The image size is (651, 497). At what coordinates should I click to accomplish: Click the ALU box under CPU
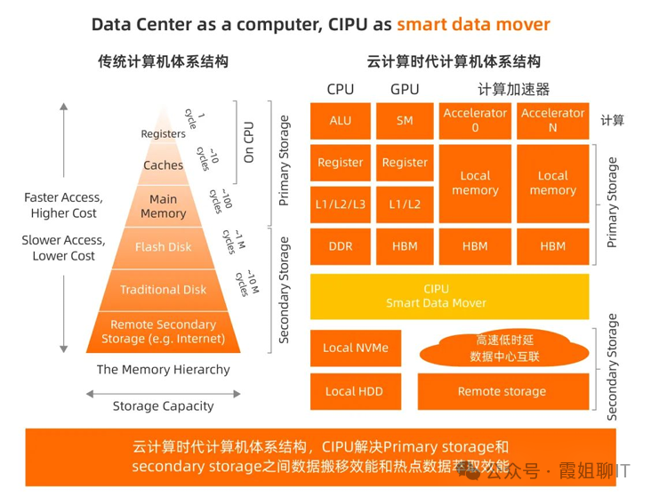click(x=340, y=120)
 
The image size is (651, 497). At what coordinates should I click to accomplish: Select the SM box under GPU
click(x=405, y=120)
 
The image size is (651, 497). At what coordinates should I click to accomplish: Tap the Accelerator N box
click(x=552, y=120)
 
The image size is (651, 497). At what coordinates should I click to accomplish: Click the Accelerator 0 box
click(x=475, y=120)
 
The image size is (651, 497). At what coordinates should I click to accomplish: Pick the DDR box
click(x=340, y=246)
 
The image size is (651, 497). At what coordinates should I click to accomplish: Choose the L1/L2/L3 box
click(x=340, y=204)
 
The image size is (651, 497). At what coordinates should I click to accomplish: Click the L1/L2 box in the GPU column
click(x=405, y=204)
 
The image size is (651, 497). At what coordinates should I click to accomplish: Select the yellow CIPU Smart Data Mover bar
click(x=448, y=296)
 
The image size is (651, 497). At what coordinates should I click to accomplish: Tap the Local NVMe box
click(x=356, y=348)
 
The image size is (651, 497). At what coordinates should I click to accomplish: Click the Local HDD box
click(x=354, y=391)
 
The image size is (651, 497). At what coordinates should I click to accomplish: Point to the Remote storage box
click(x=502, y=391)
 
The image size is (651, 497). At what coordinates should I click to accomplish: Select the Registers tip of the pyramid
click(x=164, y=133)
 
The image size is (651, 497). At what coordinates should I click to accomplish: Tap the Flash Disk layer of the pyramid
click(x=164, y=246)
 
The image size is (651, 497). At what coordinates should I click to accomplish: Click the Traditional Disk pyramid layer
click(x=164, y=289)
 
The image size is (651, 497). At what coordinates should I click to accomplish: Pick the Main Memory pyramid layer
click(x=164, y=206)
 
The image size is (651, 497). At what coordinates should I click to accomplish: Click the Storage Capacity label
click(x=164, y=406)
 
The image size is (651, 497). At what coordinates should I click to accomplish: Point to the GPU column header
click(x=405, y=89)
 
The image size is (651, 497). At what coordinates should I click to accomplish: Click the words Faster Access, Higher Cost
click(x=63, y=205)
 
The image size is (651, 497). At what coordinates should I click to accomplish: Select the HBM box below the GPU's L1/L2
click(x=405, y=246)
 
